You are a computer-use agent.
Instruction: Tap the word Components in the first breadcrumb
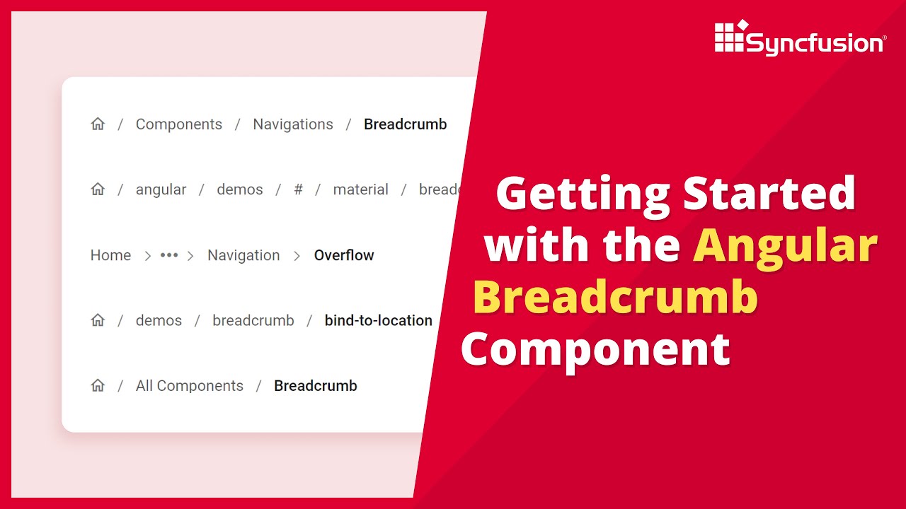click(x=179, y=124)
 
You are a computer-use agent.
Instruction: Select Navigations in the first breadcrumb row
click(x=293, y=124)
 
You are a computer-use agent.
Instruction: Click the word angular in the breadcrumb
click(x=161, y=189)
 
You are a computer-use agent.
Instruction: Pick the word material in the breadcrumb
click(x=361, y=189)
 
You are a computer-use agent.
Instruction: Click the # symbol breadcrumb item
click(x=299, y=189)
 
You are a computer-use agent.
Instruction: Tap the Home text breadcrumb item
click(x=110, y=255)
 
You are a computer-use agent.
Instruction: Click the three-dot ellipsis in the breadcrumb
click(x=169, y=255)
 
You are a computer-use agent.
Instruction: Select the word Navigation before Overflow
click(x=243, y=255)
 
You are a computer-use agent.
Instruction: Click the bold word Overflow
click(x=344, y=255)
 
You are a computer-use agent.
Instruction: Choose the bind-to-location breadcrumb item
click(x=379, y=320)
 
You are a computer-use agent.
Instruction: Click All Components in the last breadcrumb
click(x=190, y=386)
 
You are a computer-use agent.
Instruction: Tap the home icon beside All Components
click(x=98, y=386)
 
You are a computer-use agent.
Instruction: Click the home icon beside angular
click(x=98, y=189)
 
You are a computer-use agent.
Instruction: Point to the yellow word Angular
click(x=785, y=245)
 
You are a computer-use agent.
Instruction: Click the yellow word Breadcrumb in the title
click(x=615, y=297)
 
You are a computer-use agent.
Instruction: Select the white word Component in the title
click(x=596, y=349)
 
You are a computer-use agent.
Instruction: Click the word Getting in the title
click(x=583, y=193)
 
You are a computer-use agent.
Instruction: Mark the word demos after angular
click(x=240, y=189)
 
